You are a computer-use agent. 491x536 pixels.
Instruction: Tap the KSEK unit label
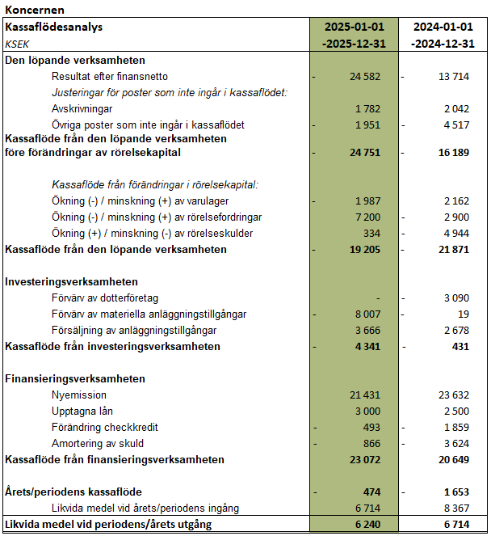coord(19,44)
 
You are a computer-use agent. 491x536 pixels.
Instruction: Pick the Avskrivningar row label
coord(82,108)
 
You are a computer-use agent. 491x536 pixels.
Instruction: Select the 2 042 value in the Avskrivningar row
coord(457,108)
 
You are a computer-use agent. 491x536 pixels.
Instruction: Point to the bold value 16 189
coord(454,152)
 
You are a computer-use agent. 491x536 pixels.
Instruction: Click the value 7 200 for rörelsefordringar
coord(368,217)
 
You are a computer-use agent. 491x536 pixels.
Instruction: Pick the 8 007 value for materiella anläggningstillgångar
coord(368,314)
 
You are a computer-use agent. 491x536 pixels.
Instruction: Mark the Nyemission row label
coord(79,395)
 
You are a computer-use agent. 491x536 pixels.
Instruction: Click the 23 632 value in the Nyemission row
coord(454,395)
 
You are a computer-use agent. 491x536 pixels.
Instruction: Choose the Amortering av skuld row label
coord(97,443)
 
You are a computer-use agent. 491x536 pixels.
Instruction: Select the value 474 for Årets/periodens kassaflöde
coord(373,492)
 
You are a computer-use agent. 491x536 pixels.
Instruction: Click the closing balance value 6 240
coord(368,524)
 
